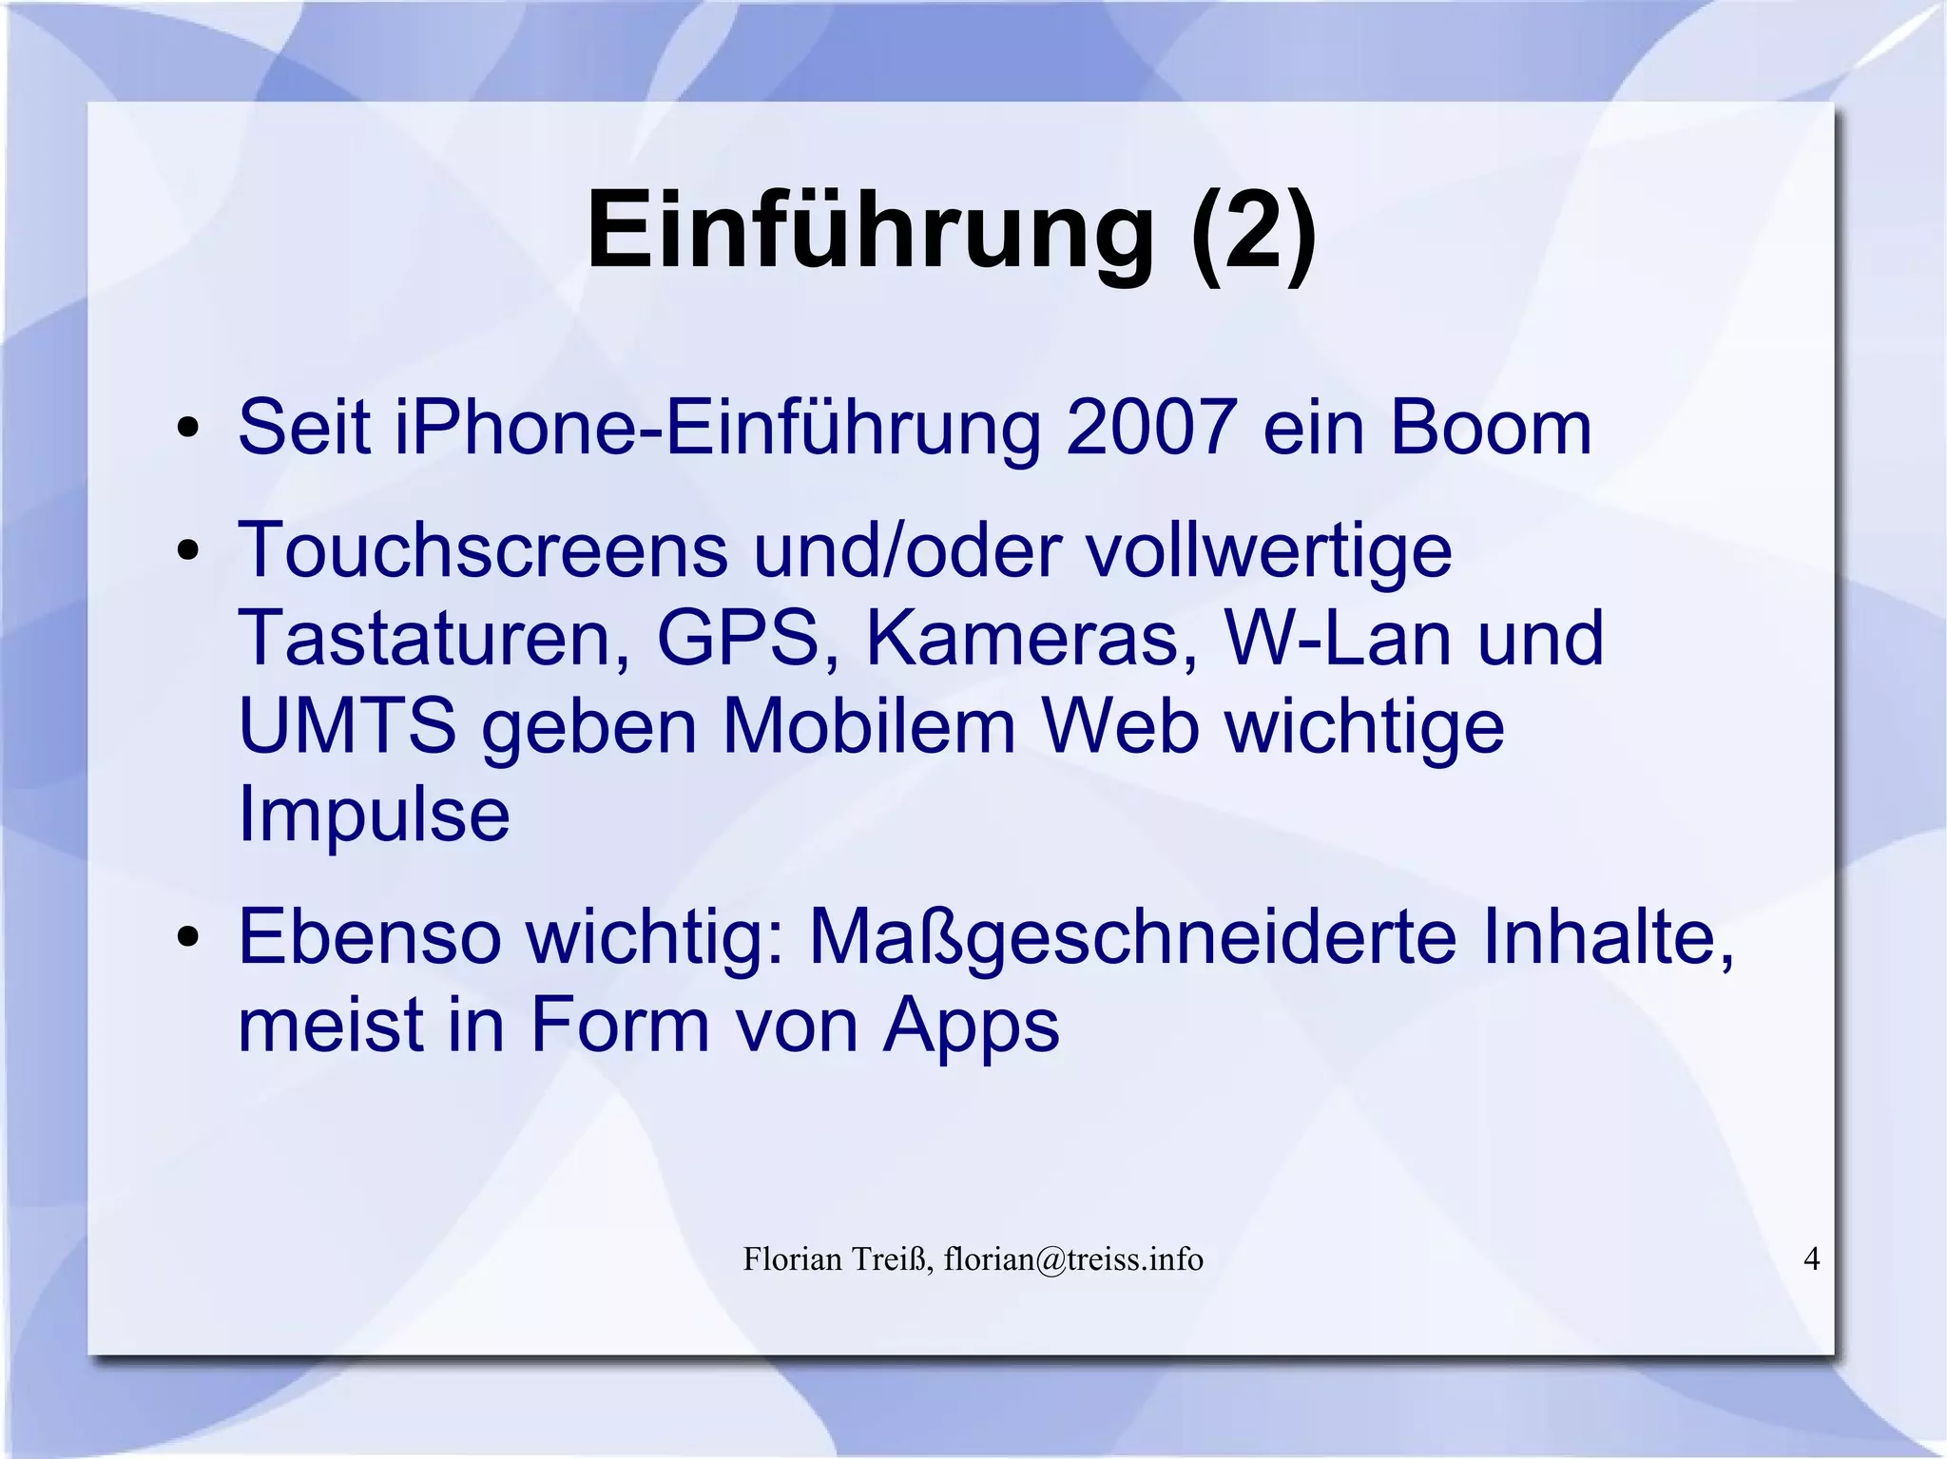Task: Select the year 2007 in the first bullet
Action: (1151, 428)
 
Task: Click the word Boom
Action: (1490, 428)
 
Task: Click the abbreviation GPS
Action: (738, 638)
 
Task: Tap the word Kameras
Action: (1031, 638)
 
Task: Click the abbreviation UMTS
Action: (347, 726)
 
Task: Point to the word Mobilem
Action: (869, 726)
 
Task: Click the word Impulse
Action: (374, 816)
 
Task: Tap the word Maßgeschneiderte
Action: (1131, 938)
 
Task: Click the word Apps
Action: (971, 1026)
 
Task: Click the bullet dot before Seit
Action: (188, 429)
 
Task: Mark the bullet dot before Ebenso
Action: (188, 937)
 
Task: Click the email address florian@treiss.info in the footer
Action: (1073, 1259)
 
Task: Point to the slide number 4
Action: (1811, 1258)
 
